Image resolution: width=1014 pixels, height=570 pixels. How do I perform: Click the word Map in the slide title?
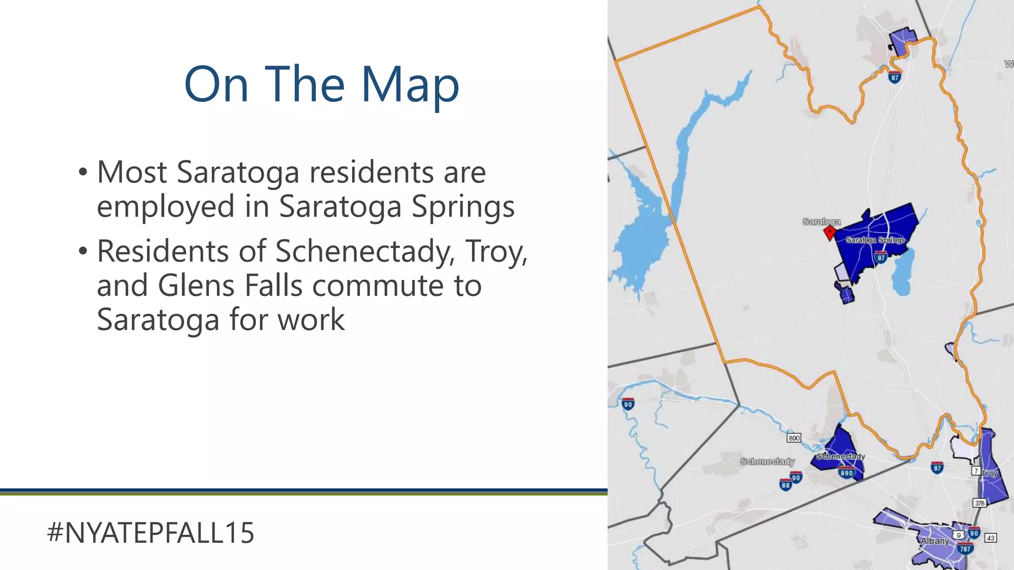click(x=410, y=85)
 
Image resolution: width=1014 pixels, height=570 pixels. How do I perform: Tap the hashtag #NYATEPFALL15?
click(x=151, y=533)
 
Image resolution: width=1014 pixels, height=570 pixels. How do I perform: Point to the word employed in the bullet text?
click(x=165, y=206)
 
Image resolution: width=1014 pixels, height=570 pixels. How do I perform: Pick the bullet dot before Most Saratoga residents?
click(x=83, y=173)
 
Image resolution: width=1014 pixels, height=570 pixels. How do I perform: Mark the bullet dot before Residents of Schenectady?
click(x=83, y=252)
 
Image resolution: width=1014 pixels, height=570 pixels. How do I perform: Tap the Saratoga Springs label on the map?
click(x=875, y=240)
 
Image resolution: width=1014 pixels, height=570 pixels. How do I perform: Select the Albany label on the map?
click(x=935, y=541)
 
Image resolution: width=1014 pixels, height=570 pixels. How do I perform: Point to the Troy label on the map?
click(x=989, y=474)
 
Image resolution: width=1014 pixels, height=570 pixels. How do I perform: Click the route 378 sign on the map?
click(x=979, y=503)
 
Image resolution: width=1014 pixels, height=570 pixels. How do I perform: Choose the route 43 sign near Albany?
click(x=990, y=538)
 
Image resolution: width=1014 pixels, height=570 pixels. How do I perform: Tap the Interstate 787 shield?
click(x=965, y=549)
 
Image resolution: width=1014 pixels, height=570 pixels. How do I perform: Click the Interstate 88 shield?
click(x=786, y=485)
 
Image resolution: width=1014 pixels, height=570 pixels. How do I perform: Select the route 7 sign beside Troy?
click(x=976, y=470)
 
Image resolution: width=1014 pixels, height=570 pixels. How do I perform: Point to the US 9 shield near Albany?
click(x=959, y=535)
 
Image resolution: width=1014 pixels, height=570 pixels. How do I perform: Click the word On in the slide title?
click(x=216, y=85)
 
